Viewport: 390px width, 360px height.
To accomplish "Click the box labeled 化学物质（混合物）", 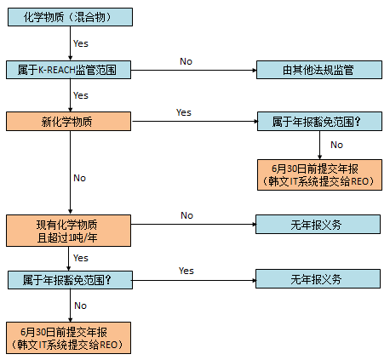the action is click(x=70, y=17).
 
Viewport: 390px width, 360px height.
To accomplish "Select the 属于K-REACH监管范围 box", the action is click(x=68, y=70).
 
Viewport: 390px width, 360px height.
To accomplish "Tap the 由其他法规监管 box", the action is click(x=319, y=70).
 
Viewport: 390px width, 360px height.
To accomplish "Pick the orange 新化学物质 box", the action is click(x=68, y=122).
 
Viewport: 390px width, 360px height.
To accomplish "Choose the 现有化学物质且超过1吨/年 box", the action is click(x=68, y=231).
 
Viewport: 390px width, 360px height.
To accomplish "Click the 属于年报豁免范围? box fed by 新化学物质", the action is click(x=319, y=122).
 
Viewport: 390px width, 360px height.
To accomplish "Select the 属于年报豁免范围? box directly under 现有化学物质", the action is click(x=70, y=280).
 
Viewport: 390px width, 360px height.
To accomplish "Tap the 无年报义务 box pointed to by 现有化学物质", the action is click(x=318, y=225).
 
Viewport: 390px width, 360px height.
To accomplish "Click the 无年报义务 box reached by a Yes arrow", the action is click(x=318, y=279).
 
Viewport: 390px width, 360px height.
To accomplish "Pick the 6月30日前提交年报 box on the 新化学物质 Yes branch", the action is click(x=319, y=174).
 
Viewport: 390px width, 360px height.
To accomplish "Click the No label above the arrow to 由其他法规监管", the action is click(x=186, y=61).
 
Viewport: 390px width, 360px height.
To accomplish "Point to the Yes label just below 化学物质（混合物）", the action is click(x=81, y=43).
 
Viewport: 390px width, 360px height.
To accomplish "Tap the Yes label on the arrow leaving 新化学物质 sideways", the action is click(x=184, y=112).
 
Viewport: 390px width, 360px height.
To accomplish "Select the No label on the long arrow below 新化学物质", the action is click(x=79, y=178).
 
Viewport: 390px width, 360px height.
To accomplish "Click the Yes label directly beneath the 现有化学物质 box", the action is click(x=81, y=258).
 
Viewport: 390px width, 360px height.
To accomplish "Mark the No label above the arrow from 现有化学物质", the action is click(x=186, y=215).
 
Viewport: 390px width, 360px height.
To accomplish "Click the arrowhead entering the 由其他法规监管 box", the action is click(x=255, y=70).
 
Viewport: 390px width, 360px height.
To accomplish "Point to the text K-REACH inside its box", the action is click(x=56, y=70).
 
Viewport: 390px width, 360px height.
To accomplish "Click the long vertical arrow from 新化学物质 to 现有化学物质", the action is click(x=71, y=172).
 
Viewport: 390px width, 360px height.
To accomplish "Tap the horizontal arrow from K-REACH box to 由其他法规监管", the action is click(x=193, y=70).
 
